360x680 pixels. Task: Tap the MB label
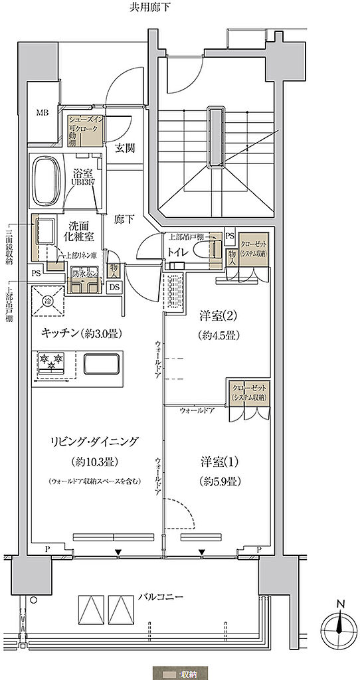click(x=42, y=113)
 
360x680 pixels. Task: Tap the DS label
click(x=114, y=287)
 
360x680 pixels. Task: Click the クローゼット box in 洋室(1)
click(x=249, y=391)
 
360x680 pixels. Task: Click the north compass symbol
click(x=338, y=625)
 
